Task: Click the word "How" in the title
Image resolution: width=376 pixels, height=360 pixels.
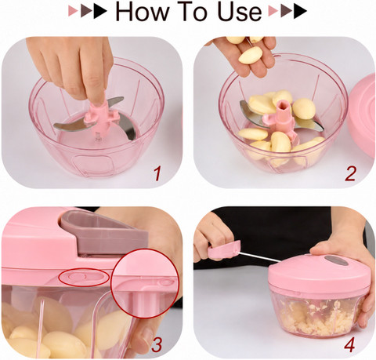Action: point(143,12)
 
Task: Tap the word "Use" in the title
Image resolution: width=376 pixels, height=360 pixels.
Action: point(240,12)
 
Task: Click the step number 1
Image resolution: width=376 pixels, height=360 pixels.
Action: point(157,174)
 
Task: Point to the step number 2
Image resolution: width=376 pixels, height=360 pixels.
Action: point(350,174)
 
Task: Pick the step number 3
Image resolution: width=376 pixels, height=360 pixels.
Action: point(157,345)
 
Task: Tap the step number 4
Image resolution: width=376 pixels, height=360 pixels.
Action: point(349,345)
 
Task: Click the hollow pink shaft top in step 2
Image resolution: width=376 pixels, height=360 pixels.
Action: point(284,107)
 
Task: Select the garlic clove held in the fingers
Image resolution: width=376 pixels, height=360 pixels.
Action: point(250,56)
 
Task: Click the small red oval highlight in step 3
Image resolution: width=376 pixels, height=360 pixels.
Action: point(84,277)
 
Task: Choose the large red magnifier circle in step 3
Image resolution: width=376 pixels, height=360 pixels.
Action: point(146,284)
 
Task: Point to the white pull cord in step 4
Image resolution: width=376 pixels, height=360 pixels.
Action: point(260,257)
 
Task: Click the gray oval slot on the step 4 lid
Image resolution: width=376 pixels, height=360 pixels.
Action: point(336,260)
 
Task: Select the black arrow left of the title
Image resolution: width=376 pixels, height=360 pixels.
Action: point(100,12)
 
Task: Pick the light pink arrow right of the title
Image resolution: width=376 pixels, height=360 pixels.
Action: point(273,12)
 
